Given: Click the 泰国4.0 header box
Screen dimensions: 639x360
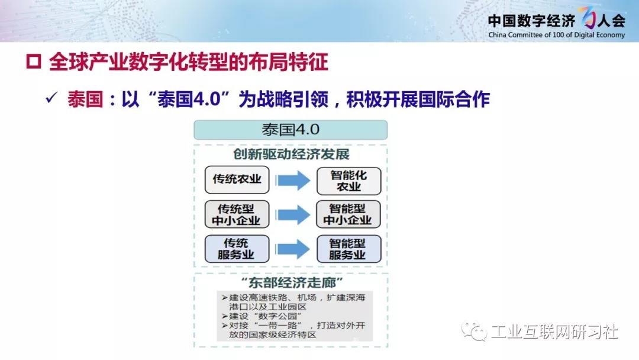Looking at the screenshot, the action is coord(291,130).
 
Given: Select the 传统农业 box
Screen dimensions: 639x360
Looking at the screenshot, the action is coord(237,180).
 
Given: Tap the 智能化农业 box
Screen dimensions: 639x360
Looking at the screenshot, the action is coord(349,181).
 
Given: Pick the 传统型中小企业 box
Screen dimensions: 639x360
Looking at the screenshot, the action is coord(237,214).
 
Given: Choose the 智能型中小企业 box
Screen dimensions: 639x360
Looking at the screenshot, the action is coord(348,214).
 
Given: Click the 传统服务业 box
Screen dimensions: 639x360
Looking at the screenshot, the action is coord(237,249).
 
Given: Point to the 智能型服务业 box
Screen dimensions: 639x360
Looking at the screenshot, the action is coord(349,249).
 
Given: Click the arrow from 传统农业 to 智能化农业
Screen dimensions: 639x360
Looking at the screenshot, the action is coord(293,180).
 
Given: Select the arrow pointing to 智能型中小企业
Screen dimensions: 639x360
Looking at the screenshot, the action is coord(293,214).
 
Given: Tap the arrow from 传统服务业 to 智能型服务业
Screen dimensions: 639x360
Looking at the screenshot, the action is coord(293,249).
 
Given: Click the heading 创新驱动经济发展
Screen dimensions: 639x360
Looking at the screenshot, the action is coord(291,155).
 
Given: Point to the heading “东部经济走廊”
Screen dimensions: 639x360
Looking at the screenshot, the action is coord(292,282).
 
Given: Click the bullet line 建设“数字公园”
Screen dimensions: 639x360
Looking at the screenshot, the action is coord(262,316).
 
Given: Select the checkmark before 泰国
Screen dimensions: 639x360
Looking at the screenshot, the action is coord(51,98).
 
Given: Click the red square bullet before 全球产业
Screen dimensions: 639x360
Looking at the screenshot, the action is coord(33,62).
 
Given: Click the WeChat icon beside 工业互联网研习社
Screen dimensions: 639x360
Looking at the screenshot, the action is coord(474,331).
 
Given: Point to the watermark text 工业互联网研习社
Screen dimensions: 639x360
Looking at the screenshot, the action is coord(554,332).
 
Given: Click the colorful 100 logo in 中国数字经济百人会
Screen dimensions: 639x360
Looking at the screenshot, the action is coord(588,18).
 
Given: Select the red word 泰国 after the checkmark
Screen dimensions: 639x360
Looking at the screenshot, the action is coord(85,99).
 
